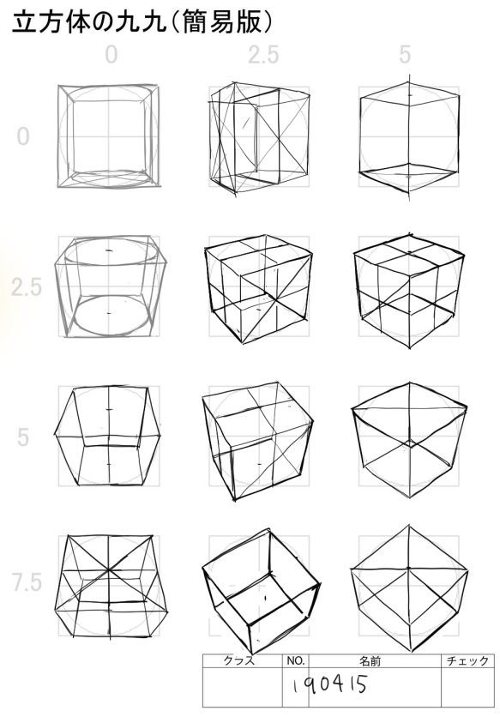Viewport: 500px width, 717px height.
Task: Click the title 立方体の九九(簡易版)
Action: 142,22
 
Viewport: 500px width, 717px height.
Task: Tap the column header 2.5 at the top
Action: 263,55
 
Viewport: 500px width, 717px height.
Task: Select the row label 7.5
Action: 27,582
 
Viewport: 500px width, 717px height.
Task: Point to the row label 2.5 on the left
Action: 27,287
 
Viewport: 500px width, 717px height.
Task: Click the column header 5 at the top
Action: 405,55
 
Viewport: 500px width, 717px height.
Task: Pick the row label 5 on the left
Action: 23,437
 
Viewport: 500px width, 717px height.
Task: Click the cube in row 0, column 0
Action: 109,136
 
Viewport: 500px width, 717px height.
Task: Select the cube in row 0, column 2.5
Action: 259,138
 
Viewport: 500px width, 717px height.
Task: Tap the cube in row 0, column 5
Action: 409,137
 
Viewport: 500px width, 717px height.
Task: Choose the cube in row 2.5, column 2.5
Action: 259,289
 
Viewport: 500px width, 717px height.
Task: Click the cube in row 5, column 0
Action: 108,436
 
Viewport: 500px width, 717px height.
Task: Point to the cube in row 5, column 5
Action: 409,440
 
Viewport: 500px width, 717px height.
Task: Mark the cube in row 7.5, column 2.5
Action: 261,592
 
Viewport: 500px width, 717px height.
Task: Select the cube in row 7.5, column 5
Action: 409,588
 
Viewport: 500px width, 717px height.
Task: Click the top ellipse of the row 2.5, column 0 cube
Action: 111,250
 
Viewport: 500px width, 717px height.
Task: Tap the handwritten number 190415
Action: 329,685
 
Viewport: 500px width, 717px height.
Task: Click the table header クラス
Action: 238,660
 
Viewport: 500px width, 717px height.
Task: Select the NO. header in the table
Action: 296,660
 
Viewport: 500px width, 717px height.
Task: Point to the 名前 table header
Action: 370,660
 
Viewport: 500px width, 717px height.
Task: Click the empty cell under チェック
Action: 467,687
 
